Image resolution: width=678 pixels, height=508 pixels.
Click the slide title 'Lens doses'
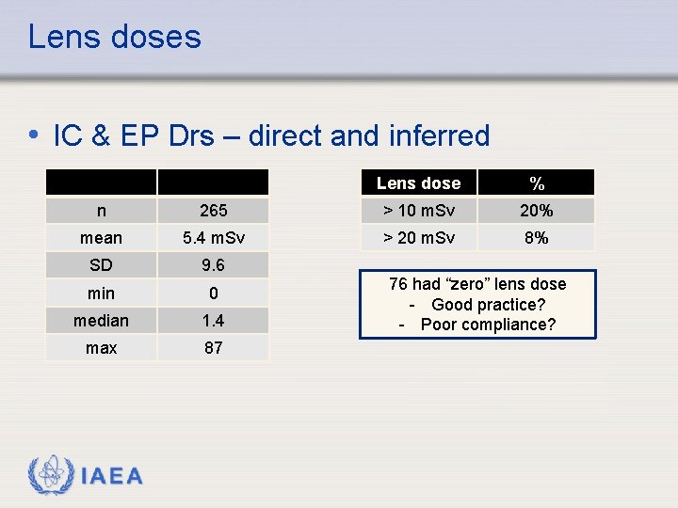coord(114,37)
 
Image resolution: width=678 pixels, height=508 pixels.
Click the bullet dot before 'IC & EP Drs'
coord(34,135)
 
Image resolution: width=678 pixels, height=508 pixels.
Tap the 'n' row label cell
coord(101,210)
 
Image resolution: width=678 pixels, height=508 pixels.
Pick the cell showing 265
coord(213,210)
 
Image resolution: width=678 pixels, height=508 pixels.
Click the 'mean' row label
coord(101,238)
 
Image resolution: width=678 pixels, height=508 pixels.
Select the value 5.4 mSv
coord(213,238)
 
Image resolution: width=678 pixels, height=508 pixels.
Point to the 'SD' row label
coord(101,265)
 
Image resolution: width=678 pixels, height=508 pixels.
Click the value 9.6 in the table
coord(213,265)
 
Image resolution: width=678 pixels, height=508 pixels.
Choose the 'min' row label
coord(101,294)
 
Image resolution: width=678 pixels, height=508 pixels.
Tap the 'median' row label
coord(101,321)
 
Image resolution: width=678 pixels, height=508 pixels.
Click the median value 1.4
coord(213,321)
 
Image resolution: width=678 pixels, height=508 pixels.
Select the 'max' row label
coord(101,348)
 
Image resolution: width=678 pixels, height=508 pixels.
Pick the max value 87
coord(213,348)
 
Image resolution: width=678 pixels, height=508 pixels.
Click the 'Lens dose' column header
coord(418,183)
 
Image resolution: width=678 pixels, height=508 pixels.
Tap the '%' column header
coord(537,183)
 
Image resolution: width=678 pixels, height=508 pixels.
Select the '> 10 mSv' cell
coord(418,210)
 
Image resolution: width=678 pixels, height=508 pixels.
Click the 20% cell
coord(537,210)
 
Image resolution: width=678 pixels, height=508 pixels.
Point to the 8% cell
coord(537,238)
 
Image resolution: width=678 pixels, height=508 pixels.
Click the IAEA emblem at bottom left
coord(49,475)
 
